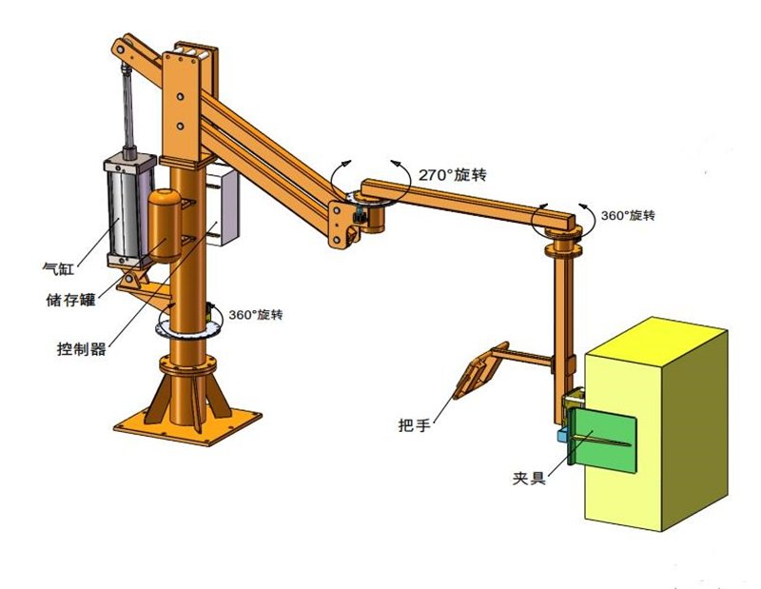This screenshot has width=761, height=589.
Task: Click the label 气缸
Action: coord(58,268)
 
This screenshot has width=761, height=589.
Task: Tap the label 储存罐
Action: coord(70,300)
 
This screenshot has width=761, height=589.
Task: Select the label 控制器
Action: coord(81,348)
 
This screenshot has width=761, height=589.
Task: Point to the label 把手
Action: coord(414,425)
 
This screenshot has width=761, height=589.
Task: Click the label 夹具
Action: coord(529,479)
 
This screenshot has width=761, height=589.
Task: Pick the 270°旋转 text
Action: coord(453,174)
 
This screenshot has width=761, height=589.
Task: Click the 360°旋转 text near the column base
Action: coord(256,315)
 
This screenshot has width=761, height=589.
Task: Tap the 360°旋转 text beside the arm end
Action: coord(628,216)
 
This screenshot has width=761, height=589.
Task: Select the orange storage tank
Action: coord(165,226)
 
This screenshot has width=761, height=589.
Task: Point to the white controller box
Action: coord(223,205)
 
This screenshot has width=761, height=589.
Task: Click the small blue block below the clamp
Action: coord(562,435)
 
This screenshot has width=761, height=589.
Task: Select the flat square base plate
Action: coord(187,425)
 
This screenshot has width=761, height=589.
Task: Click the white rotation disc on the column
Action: coord(187,327)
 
